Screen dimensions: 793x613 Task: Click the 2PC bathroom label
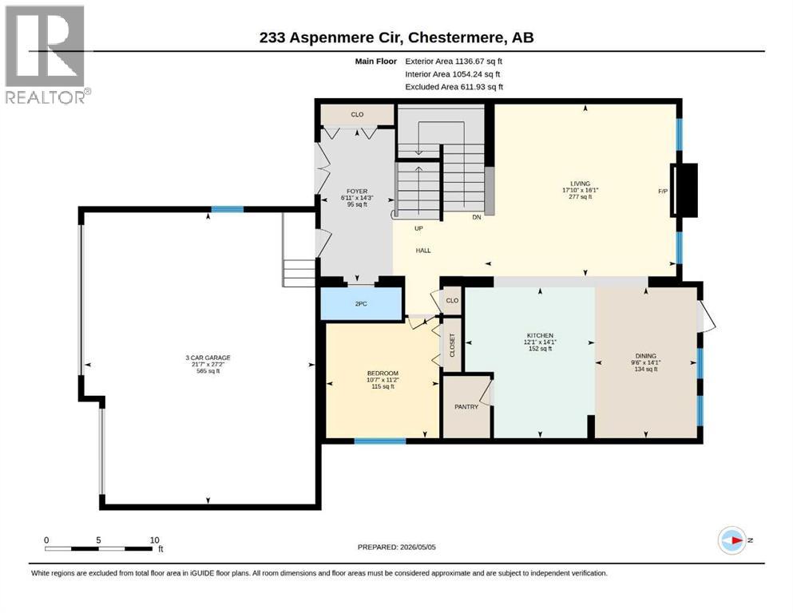(x=361, y=304)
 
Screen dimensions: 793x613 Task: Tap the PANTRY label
(x=466, y=406)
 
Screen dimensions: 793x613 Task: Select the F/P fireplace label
(x=663, y=191)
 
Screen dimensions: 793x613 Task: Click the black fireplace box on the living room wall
(x=684, y=190)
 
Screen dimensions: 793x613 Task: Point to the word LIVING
(x=580, y=184)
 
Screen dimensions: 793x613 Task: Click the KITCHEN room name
(x=540, y=335)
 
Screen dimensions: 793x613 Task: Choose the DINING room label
(x=646, y=356)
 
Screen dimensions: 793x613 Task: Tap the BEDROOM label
(x=383, y=373)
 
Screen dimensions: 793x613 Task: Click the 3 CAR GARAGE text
(x=208, y=358)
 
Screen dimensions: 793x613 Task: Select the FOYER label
(x=357, y=192)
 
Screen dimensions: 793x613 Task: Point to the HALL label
(x=423, y=250)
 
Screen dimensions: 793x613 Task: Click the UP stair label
(x=418, y=228)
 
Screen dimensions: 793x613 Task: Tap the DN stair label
(x=477, y=217)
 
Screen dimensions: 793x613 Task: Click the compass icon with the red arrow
(x=732, y=540)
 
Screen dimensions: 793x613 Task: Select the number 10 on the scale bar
(x=155, y=540)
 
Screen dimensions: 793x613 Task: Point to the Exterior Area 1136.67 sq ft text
(x=454, y=61)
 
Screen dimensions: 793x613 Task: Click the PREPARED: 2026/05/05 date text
(x=396, y=547)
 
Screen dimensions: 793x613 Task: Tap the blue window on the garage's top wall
(x=227, y=209)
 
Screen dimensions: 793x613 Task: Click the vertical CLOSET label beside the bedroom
(x=452, y=345)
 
